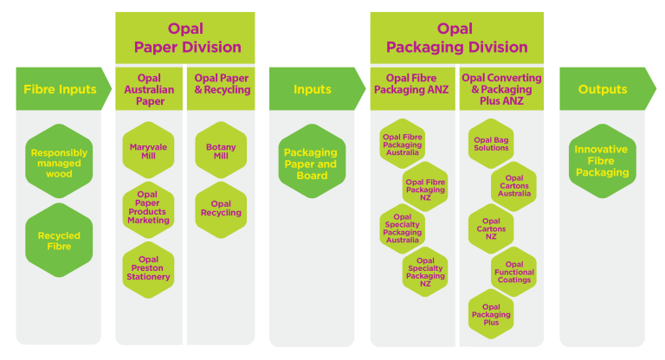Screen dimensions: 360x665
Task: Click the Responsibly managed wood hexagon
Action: tap(59, 163)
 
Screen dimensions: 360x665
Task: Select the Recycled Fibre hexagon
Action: tap(59, 241)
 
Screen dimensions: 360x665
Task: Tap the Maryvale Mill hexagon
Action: tap(148, 151)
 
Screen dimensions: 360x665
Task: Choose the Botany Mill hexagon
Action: tap(221, 151)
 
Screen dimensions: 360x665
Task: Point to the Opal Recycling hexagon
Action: tap(221, 209)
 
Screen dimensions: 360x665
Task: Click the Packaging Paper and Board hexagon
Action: tap(312, 163)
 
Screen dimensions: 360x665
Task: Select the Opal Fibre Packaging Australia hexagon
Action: tap(402, 144)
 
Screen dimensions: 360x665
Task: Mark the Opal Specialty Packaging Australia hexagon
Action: tap(402, 229)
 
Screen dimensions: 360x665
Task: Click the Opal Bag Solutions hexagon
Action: tap(491, 144)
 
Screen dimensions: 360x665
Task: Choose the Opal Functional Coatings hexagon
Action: tap(513, 272)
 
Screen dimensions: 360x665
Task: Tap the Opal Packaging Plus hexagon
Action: tap(491, 313)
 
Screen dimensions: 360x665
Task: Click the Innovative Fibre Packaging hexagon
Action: tap(602, 162)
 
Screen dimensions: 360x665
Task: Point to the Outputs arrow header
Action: tap(602, 89)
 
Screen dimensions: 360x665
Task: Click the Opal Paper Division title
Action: tap(185, 38)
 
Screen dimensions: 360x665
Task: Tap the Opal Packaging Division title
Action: tap(455, 38)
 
